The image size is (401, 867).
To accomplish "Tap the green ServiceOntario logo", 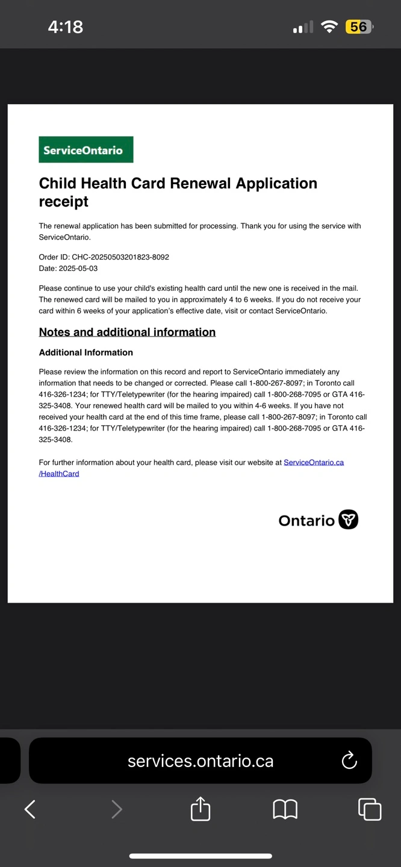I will point(86,150).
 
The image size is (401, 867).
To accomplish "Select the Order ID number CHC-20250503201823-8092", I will point(120,257).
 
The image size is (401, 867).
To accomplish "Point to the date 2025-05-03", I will point(78,269).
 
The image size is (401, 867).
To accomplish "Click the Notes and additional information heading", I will point(127,332).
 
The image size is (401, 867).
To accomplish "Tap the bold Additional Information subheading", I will point(86,353).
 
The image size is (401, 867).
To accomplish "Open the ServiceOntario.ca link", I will point(314,462).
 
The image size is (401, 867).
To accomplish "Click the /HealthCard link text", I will point(59,474).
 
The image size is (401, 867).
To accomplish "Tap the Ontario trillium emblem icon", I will point(348,520).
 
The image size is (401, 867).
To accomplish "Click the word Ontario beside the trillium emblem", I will point(306,521).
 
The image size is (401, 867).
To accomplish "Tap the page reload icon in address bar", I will point(349,761).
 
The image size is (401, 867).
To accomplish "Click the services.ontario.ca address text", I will point(200,761).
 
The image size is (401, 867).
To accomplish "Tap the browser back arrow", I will point(30,809).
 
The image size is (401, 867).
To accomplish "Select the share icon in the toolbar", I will point(200,809).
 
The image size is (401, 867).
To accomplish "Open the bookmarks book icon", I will point(285,809).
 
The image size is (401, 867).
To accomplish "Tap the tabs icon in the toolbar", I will point(370,809).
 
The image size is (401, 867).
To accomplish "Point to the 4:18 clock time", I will point(66,27).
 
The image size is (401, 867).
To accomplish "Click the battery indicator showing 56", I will point(359,27).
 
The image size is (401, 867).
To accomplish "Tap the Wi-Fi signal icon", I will point(329,27).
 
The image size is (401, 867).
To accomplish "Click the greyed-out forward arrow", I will point(117,809).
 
